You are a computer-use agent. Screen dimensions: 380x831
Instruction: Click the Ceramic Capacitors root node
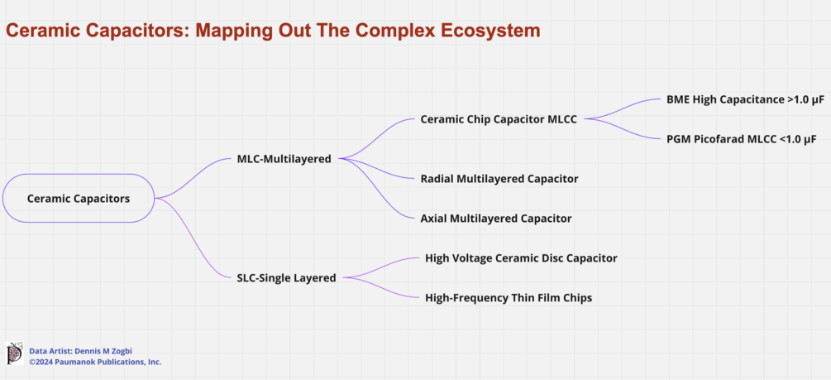[x=79, y=199]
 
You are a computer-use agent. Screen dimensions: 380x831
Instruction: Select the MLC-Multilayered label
[x=284, y=159]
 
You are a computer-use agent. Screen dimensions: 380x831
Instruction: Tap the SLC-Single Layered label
[x=286, y=278]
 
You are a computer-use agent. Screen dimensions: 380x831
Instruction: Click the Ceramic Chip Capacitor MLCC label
[x=499, y=119]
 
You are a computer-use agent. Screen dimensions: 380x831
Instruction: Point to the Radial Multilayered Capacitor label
[x=499, y=179]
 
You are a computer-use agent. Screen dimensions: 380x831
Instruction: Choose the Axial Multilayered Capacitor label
[x=495, y=219]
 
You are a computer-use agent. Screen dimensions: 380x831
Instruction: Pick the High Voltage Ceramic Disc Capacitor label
[x=521, y=258]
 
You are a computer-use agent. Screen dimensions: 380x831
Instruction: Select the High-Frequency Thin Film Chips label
[x=509, y=298]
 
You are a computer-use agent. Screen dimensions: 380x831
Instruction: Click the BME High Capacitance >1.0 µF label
[x=745, y=99]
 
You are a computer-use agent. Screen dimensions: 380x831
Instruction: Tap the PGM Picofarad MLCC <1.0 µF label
[x=741, y=139]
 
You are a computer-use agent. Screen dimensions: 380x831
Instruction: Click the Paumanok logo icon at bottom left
[x=14, y=354]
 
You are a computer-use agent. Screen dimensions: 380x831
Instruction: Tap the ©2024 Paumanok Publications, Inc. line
[x=95, y=362]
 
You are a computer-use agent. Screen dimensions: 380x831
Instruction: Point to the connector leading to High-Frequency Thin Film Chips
[x=382, y=287]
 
